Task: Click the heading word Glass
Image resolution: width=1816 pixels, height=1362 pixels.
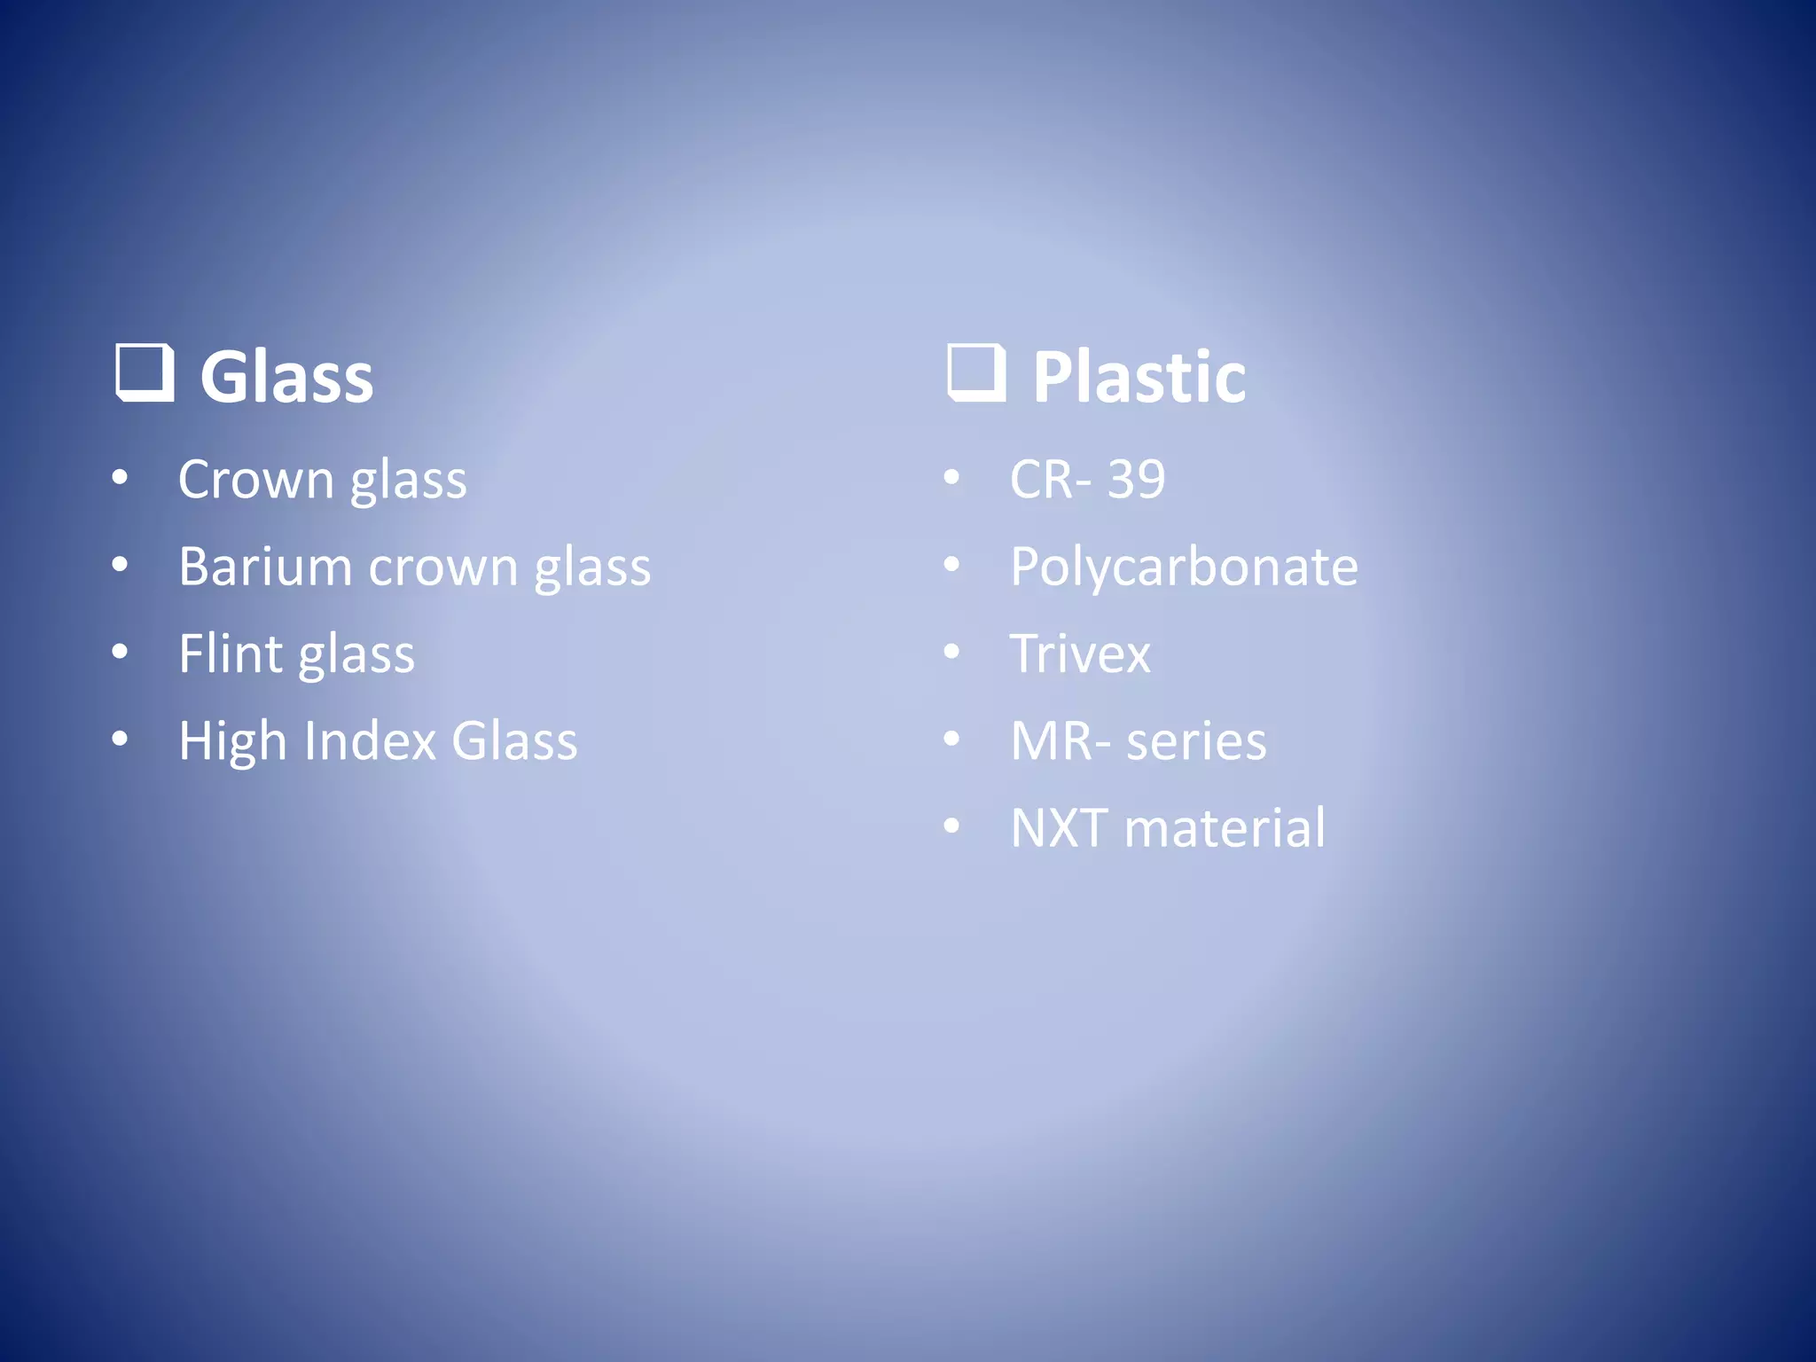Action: point(286,377)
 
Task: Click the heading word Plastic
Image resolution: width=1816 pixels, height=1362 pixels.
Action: point(1139,377)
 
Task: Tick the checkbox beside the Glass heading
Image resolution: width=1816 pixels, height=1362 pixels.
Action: point(144,372)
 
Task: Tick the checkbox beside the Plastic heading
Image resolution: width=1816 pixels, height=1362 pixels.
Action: point(976,372)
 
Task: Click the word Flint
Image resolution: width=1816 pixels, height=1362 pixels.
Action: point(230,654)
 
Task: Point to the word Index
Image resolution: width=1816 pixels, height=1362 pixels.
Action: point(370,740)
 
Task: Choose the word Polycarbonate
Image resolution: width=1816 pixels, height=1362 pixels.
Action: point(1184,567)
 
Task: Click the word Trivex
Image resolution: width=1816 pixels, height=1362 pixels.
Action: point(1080,654)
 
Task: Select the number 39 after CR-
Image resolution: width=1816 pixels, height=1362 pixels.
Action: point(1136,480)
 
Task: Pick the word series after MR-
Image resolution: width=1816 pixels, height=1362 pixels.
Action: point(1196,741)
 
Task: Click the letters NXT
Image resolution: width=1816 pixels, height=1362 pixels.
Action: point(1059,827)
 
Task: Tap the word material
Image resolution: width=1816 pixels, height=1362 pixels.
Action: point(1225,827)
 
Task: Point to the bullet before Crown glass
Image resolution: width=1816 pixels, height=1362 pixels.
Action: point(121,478)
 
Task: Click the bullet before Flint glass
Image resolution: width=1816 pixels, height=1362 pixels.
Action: point(121,652)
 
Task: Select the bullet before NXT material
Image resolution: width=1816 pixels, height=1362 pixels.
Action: point(952,826)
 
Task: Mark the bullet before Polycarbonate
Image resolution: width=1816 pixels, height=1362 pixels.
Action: point(952,565)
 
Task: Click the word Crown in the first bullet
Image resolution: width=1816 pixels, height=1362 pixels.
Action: point(255,480)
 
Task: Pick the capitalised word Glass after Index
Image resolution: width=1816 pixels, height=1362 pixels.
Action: point(514,740)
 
